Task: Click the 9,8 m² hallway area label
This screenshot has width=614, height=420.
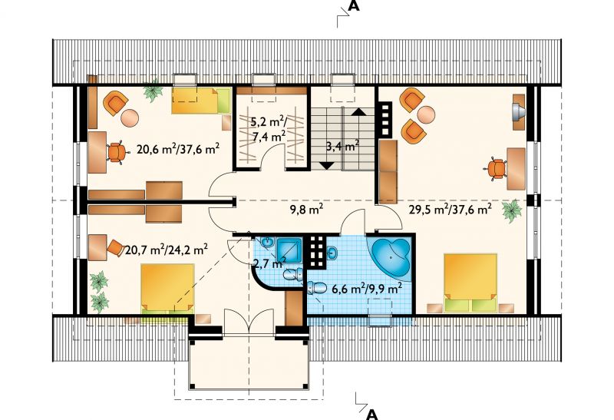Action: (306, 210)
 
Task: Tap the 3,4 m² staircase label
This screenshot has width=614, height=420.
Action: (342, 147)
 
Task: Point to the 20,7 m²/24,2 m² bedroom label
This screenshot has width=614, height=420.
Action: (167, 250)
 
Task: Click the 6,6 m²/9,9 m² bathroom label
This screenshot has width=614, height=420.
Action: (367, 289)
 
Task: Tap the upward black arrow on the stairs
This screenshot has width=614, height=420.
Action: (358, 111)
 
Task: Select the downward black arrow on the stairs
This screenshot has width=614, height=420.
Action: (327, 166)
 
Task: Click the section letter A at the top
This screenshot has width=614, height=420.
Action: (354, 6)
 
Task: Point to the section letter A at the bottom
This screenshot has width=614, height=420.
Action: (373, 415)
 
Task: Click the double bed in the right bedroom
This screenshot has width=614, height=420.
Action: (470, 283)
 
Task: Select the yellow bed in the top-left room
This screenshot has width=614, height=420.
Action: (201, 101)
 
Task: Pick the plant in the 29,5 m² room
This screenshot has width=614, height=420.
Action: (512, 211)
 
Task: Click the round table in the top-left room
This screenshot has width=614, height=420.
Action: (129, 117)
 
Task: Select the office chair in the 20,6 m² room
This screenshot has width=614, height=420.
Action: (117, 152)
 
